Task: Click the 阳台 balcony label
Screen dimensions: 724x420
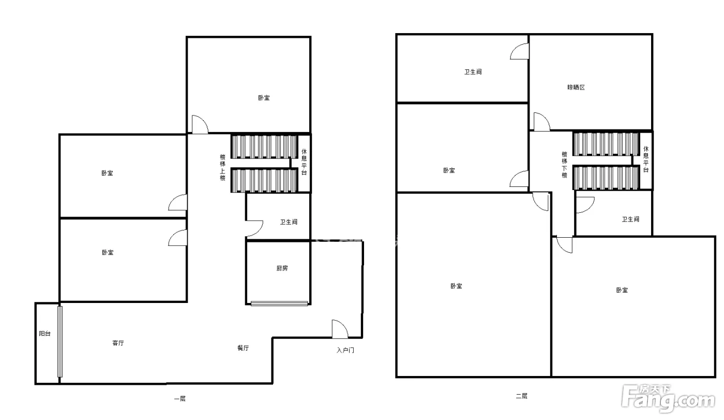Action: tap(44, 334)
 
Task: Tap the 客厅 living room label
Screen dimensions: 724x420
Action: tap(118, 343)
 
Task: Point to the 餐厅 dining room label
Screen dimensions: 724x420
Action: tap(243, 348)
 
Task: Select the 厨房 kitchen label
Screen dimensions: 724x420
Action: tap(282, 268)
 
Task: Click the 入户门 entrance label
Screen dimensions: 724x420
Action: tap(345, 350)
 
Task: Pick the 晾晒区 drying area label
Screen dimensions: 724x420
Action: tap(576, 88)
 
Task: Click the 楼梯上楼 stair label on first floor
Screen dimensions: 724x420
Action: tap(223, 167)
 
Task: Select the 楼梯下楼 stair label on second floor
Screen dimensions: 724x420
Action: tap(564, 165)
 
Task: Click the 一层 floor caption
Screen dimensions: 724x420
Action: tap(180, 399)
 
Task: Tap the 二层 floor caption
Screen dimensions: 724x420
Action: tap(521, 396)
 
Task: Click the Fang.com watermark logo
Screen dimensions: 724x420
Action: tap(668, 399)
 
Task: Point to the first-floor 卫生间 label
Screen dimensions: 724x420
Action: tap(289, 222)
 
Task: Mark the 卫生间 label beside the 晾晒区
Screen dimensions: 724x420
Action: tap(473, 72)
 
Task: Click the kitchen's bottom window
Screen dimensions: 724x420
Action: tap(279, 303)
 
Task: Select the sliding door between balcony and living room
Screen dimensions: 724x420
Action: tap(60, 342)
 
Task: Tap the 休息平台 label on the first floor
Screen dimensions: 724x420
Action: tap(304, 162)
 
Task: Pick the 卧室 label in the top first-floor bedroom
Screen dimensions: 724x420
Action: tap(264, 98)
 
